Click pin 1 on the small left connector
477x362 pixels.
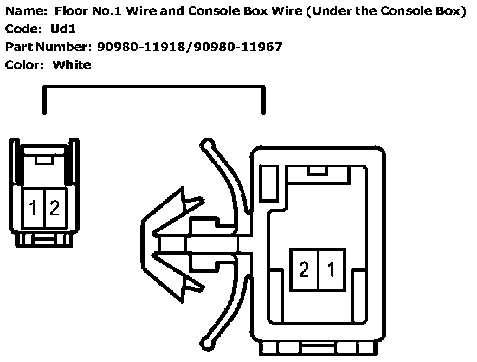33,208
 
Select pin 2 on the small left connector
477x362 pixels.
54,208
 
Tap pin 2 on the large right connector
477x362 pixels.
304,269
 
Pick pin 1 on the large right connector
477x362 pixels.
331,269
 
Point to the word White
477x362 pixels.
72,65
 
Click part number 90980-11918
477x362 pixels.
141,47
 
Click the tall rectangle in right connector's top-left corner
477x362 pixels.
269,184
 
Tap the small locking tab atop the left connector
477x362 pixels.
44,159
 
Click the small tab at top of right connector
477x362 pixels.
316,171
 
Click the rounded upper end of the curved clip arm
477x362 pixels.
206,145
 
